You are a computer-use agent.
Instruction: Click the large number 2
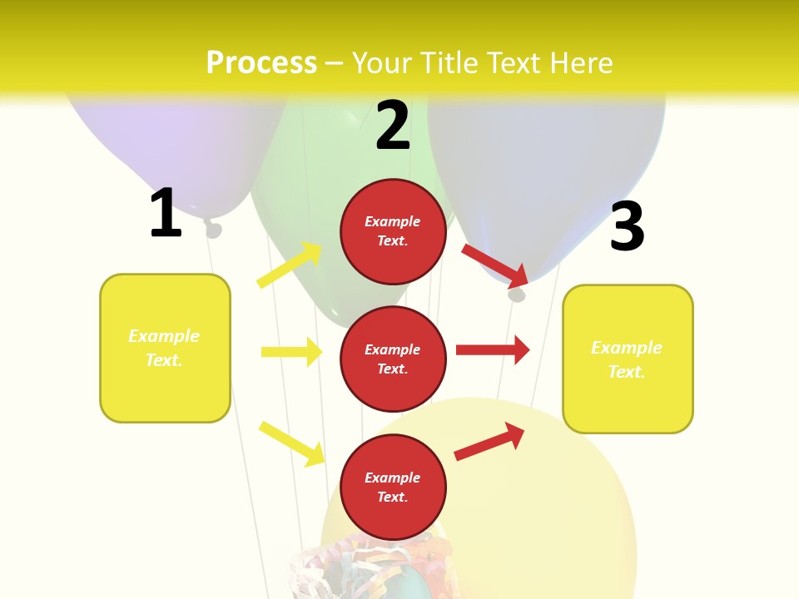(393, 126)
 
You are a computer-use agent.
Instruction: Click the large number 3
(627, 226)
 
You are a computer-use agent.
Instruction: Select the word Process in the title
(261, 63)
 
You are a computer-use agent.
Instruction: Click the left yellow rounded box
(165, 348)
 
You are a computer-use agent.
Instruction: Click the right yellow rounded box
(628, 359)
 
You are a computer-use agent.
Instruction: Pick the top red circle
(393, 231)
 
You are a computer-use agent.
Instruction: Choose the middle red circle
(393, 359)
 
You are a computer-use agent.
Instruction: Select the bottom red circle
(393, 487)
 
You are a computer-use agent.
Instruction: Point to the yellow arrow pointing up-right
(290, 265)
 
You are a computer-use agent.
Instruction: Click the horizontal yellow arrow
(291, 352)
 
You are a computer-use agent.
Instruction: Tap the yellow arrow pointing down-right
(291, 443)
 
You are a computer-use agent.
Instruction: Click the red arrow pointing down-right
(495, 265)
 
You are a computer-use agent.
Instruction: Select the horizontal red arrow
(493, 349)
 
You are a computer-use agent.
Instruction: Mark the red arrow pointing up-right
(489, 441)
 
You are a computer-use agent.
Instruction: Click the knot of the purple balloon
(213, 227)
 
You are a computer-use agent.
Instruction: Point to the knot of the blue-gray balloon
(518, 293)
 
